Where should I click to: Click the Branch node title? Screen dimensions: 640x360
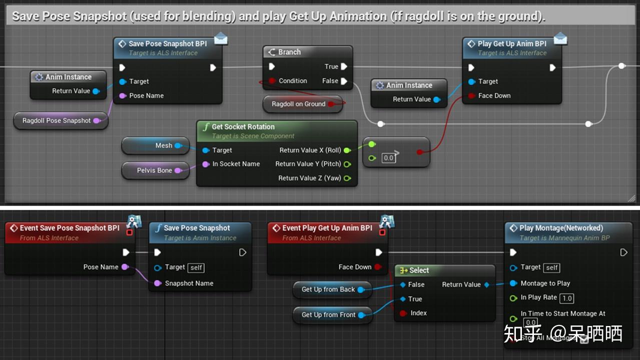[289, 52]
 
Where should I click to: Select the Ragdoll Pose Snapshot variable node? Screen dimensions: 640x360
[57, 120]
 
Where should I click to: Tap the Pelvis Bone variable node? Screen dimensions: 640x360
[154, 170]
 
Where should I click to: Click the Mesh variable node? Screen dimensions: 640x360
[164, 145]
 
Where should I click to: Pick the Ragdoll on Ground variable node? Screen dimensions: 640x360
[298, 104]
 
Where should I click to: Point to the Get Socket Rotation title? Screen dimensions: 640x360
[243, 126]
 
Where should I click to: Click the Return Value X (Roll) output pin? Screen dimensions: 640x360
[347, 150]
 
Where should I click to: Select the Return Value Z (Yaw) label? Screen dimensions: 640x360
[309, 178]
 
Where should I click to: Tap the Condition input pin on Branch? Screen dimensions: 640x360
[272, 80]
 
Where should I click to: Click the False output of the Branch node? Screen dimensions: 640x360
[344, 81]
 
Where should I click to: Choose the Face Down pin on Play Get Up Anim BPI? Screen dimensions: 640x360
[471, 95]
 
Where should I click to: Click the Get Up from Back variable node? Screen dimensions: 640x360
[328, 289]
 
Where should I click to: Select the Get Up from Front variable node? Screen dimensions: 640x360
[328, 314]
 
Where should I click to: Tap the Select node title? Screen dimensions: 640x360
[419, 270]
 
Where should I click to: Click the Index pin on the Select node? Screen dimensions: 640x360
[403, 313]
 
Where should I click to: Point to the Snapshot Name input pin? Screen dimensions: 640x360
[158, 283]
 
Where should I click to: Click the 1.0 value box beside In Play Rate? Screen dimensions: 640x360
[566, 298]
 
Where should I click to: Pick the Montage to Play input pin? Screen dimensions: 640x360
[513, 283]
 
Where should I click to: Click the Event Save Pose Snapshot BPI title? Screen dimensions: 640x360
[69, 228]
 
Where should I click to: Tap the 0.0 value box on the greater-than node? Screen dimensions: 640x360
[388, 158]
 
